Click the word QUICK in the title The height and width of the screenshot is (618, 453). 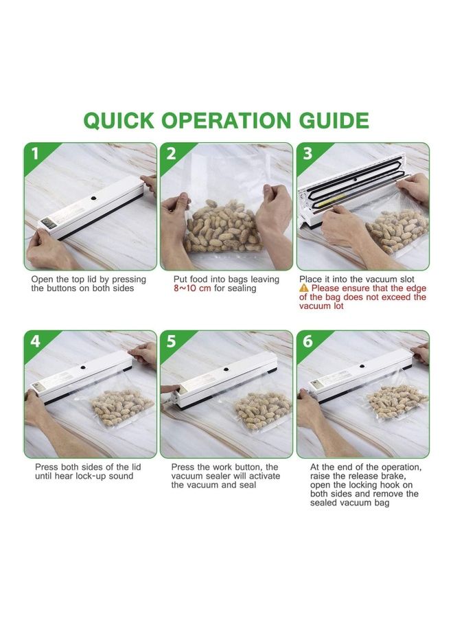(x=119, y=121)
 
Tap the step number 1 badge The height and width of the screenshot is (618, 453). (x=36, y=154)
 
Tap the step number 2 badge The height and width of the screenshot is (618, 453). (x=172, y=154)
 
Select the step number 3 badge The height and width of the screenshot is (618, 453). (x=307, y=154)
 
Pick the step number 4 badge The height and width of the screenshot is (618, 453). (x=36, y=341)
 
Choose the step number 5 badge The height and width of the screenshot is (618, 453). (x=172, y=341)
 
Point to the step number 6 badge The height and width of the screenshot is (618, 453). (x=307, y=341)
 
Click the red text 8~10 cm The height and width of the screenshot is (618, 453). (x=192, y=288)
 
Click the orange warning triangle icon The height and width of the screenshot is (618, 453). (x=303, y=288)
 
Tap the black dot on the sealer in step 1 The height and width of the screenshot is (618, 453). (x=94, y=198)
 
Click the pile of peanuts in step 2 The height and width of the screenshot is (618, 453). (x=222, y=227)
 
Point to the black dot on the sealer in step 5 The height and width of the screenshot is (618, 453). (x=226, y=369)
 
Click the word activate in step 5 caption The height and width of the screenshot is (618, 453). (x=264, y=477)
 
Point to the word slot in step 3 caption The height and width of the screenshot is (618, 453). (x=406, y=279)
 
